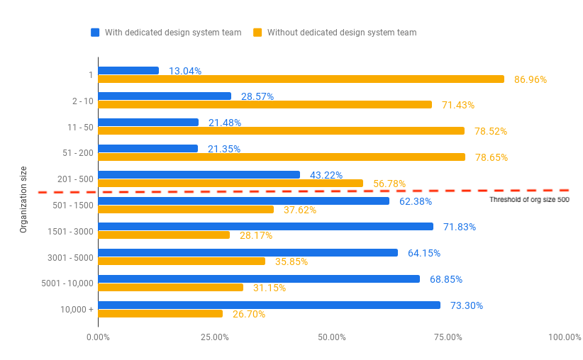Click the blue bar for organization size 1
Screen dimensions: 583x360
[128, 71]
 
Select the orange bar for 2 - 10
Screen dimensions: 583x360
[265, 105]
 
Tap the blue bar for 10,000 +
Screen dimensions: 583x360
[270, 305]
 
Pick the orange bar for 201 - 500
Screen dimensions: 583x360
[231, 183]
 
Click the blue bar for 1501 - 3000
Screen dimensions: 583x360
[266, 226]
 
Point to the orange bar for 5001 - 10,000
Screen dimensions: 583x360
[171, 288]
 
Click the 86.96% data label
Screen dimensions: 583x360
[531, 79]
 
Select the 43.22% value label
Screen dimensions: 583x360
[326, 175]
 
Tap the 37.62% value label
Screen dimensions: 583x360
[300, 210]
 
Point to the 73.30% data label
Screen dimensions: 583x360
[467, 305]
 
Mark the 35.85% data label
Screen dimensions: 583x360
[291, 261]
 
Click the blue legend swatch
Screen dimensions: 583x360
[95, 33]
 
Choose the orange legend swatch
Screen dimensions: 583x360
[257, 33]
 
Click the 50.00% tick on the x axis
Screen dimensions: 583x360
[332, 337]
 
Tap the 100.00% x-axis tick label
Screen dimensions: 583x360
[565, 337]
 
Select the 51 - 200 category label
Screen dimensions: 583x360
[78, 152]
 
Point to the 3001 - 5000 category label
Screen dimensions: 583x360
[70, 257]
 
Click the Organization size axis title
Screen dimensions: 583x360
[23, 200]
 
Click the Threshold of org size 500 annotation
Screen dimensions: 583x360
[530, 200]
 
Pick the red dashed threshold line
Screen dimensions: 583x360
[304, 191]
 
